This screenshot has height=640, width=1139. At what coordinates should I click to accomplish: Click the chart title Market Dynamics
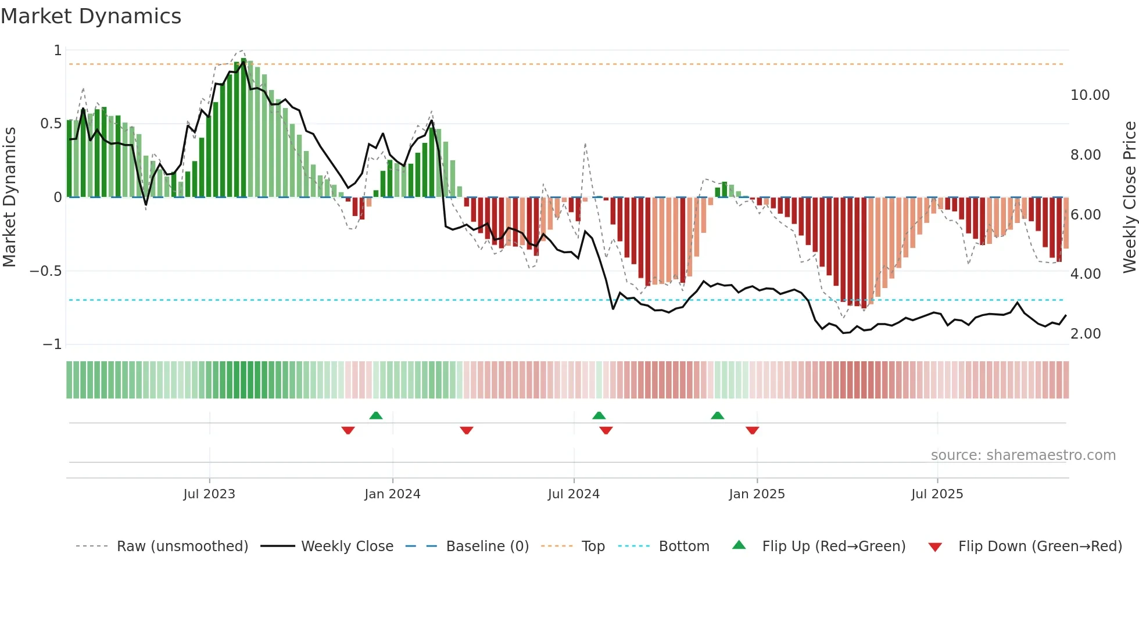[x=91, y=16]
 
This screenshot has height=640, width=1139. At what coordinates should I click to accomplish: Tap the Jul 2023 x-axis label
[x=209, y=494]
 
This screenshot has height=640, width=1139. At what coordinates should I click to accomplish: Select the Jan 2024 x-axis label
[x=392, y=494]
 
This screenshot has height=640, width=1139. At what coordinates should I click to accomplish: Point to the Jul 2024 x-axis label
[x=574, y=494]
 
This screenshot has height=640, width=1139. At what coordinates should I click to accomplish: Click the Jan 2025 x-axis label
[x=757, y=494]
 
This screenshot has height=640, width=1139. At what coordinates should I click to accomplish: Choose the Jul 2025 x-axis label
[x=937, y=494]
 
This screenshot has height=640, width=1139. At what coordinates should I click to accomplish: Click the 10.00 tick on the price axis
[x=1090, y=95]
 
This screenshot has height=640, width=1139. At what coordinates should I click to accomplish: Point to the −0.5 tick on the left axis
[x=45, y=271]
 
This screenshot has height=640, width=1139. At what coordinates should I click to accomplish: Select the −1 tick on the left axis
[x=52, y=344]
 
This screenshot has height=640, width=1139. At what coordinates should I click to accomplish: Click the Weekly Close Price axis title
[x=1129, y=197]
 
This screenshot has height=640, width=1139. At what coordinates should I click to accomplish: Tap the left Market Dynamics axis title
[x=9, y=197]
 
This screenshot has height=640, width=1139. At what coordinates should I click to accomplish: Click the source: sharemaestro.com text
[x=1023, y=455]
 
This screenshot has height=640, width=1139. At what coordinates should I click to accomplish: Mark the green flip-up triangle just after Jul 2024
[x=599, y=415]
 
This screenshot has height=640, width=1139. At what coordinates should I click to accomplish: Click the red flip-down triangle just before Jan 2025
[x=752, y=430]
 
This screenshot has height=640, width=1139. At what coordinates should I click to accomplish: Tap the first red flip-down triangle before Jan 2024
[x=348, y=430]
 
